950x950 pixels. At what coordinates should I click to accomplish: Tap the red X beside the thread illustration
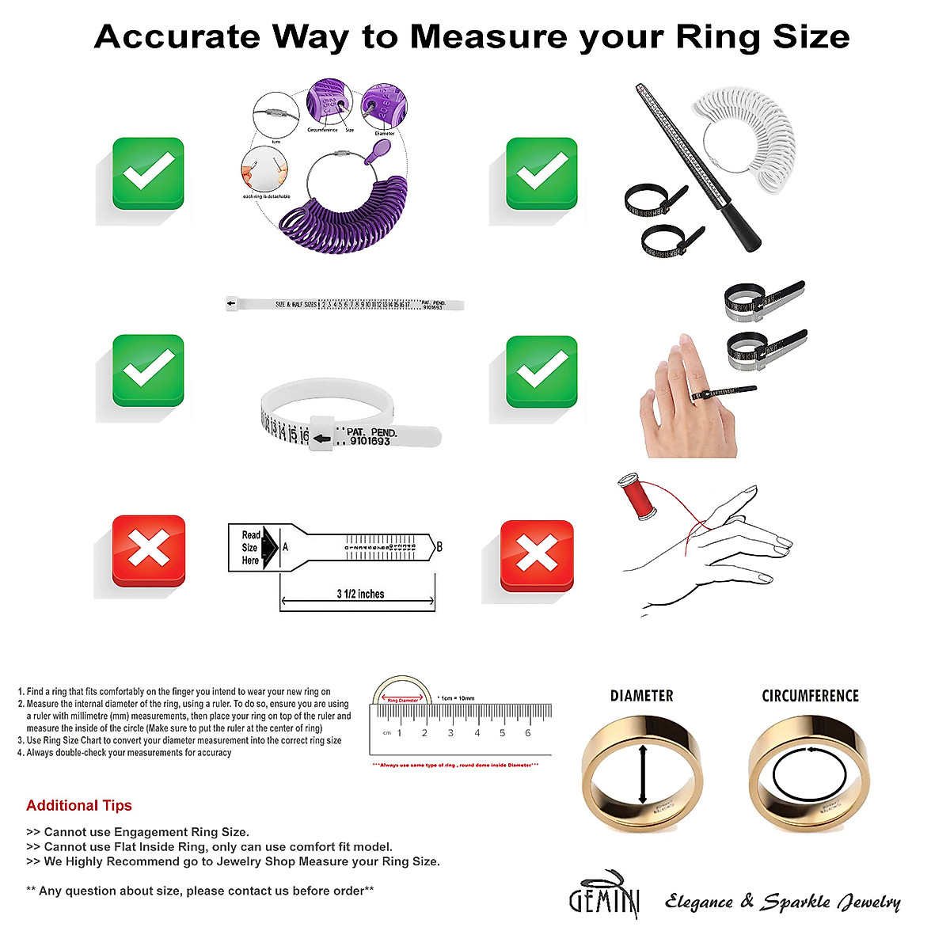click(x=537, y=555)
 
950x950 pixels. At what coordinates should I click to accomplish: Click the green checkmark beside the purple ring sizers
click(x=148, y=173)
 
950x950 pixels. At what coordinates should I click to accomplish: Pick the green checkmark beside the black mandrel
click(x=541, y=173)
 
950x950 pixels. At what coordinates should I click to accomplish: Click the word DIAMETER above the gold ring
click(x=641, y=696)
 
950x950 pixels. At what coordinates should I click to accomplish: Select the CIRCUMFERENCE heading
click(x=810, y=696)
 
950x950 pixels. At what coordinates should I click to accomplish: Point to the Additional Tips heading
click(x=79, y=805)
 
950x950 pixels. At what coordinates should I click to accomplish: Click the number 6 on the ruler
click(x=528, y=733)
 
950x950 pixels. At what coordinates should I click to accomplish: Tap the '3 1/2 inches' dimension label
click(x=360, y=594)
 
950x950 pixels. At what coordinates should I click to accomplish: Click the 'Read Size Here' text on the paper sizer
click(x=250, y=547)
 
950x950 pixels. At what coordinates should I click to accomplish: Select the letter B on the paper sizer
click(x=439, y=546)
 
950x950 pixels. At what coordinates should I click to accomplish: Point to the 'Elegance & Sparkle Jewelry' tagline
click(x=782, y=902)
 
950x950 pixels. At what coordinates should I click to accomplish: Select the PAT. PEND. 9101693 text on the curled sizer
click(x=370, y=437)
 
